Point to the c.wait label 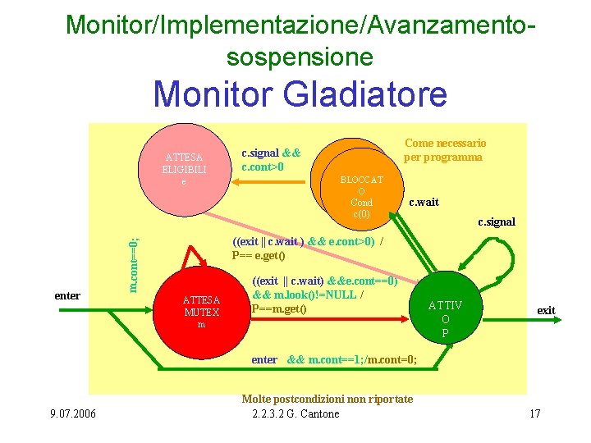424,202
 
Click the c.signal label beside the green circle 497,222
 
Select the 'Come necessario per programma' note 444,149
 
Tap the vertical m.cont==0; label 135,263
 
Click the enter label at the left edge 66,295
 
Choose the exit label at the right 546,310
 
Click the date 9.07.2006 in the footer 71,413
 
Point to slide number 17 534,413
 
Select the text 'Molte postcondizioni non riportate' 327,400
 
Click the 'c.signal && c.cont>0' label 270,160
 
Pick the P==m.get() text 279,308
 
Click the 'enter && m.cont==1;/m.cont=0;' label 334,360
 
